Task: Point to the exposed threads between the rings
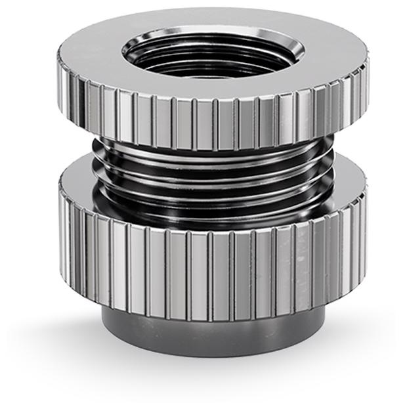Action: pyautogui.click(x=210, y=184)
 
